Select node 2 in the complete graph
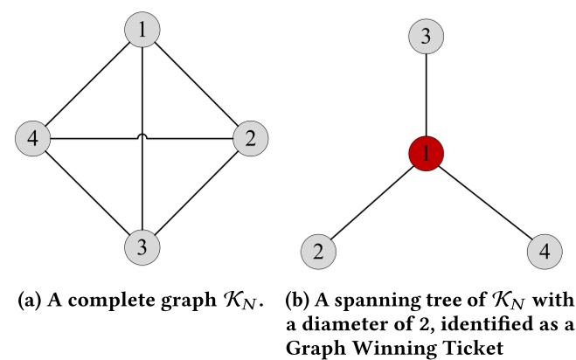pos(250,137)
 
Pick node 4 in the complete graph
pos(33,137)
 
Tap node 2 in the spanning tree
pos(318,253)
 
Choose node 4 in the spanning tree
pos(545,253)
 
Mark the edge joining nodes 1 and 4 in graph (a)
pos(87,85)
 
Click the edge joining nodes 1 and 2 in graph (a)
pos(196,85)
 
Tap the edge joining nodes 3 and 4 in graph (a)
pos(87,191)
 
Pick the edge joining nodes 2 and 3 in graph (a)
pos(196,191)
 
